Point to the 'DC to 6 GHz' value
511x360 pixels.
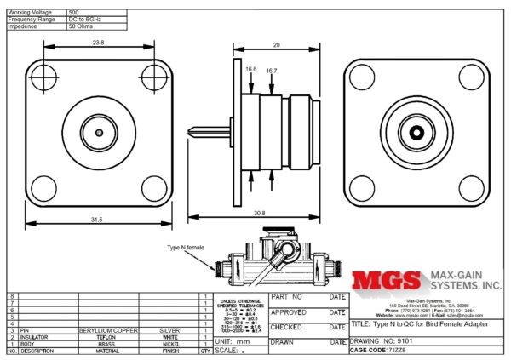[86, 19]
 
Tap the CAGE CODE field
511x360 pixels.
[380, 349]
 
